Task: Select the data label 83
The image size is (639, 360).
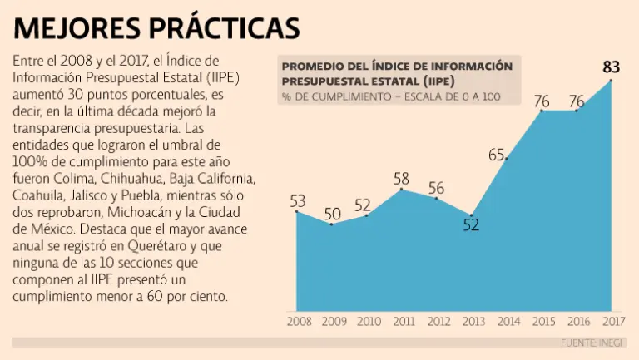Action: tap(611, 66)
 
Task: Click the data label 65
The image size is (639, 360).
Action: tap(497, 154)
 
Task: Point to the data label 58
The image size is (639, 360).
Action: tap(401, 177)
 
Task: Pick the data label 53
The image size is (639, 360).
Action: tap(298, 200)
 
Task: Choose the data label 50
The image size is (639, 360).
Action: tap(332, 214)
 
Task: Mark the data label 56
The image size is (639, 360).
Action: tap(436, 188)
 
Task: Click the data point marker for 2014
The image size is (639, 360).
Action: tap(506, 159)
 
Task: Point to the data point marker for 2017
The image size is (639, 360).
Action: tap(611, 81)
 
